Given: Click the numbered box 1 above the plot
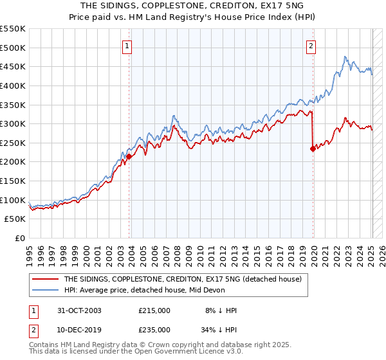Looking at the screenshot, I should pyautogui.click(x=127, y=46).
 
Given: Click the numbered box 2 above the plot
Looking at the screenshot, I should pyautogui.click(x=311, y=46).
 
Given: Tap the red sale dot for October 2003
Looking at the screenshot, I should pyautogui.click(x=129, y=156).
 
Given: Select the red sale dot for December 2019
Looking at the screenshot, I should pyautogui.click(x=313, y=148).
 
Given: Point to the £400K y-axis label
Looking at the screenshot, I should pyautogui.click(x=13, y=85).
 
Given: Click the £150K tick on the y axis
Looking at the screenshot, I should pyautogui.click(x=13, y=181).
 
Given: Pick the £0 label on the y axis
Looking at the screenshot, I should pyautogui.click(x=19, y=238).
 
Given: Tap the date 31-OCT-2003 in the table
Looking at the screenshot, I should pyautogui.click(x=79, y=310).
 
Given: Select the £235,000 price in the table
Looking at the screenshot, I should pyautogui.click(x=154, y=330).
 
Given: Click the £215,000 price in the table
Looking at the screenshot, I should pyautogui.click(x=154, y=310).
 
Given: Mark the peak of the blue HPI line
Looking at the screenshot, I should pyautogui.click(x=345, y=57).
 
